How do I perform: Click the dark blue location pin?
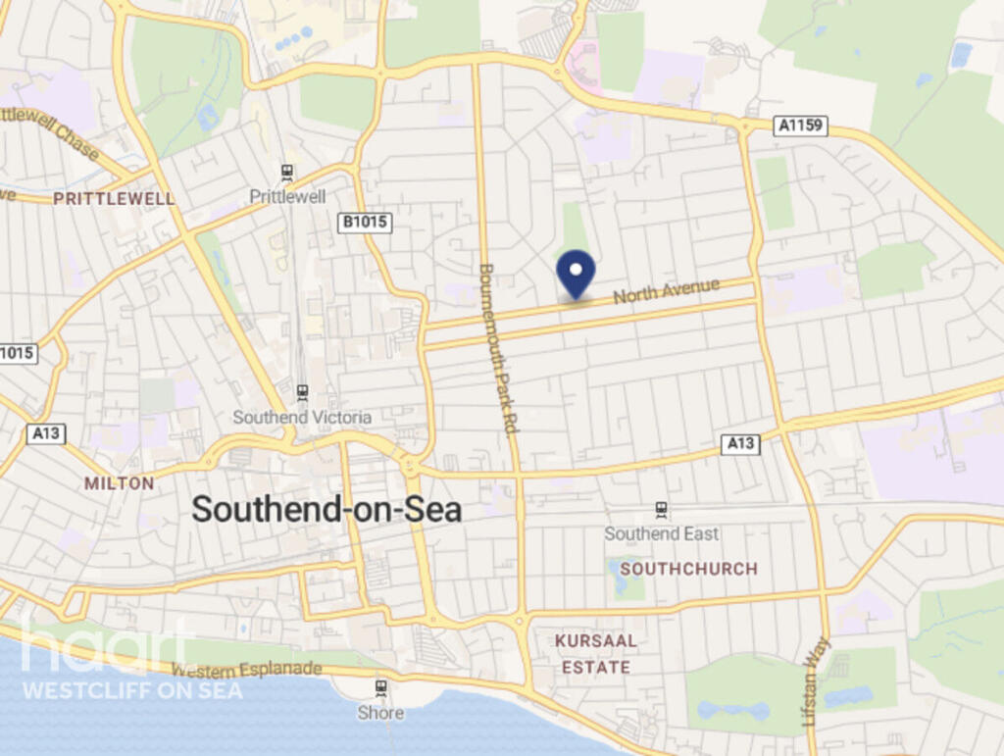click(576, 272)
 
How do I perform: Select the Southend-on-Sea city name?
click(326, 509)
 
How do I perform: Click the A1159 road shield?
click(800, 126)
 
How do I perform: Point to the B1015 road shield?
click(365, 223)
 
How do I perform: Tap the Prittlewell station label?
click(287, 197)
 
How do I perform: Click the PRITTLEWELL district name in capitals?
click(114, 199)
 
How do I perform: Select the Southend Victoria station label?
click(302, 418)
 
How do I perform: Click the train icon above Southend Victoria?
click(302, 392)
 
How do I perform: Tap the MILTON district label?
click(119, 483)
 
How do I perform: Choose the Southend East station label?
click(661, 533)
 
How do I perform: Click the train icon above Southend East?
click(662, 510)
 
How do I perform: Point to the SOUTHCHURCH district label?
click(688, 569)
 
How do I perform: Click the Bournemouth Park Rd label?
click(496, 348)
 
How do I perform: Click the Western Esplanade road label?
click(247, 670)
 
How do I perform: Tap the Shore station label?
click(380, 713)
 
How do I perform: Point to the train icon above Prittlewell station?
click(286, 174)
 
